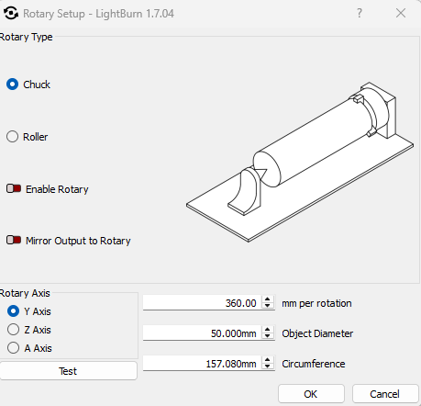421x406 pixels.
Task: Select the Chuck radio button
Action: (x=13, y=85)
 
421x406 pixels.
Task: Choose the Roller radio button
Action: (x=13, y=137)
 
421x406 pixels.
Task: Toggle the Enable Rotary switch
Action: (x=14, y=188)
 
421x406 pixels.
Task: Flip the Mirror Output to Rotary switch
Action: (x=14, y=240)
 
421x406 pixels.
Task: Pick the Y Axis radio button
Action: (x=13, y=311)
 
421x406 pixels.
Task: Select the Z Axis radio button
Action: (x=13, y=330)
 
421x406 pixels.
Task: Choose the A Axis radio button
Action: (x=13, y=348)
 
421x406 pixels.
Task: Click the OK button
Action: (x=311, y=394)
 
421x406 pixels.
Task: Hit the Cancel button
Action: (x=385, y=394)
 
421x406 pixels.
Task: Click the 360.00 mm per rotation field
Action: (x=202, y=303)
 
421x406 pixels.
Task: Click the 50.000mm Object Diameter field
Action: (x=202, y=333)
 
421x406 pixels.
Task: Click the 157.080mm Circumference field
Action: (x=202, y=364)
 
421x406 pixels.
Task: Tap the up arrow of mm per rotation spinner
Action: (x=268, y=299)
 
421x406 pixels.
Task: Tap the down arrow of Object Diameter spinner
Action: (x=268, y=336)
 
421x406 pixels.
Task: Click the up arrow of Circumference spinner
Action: (x=268, y=360)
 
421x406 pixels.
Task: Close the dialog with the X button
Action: (x=401, y=13)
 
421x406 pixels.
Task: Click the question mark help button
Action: (x=360, y=13)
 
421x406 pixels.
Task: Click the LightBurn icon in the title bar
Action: (x=11, y=13)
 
